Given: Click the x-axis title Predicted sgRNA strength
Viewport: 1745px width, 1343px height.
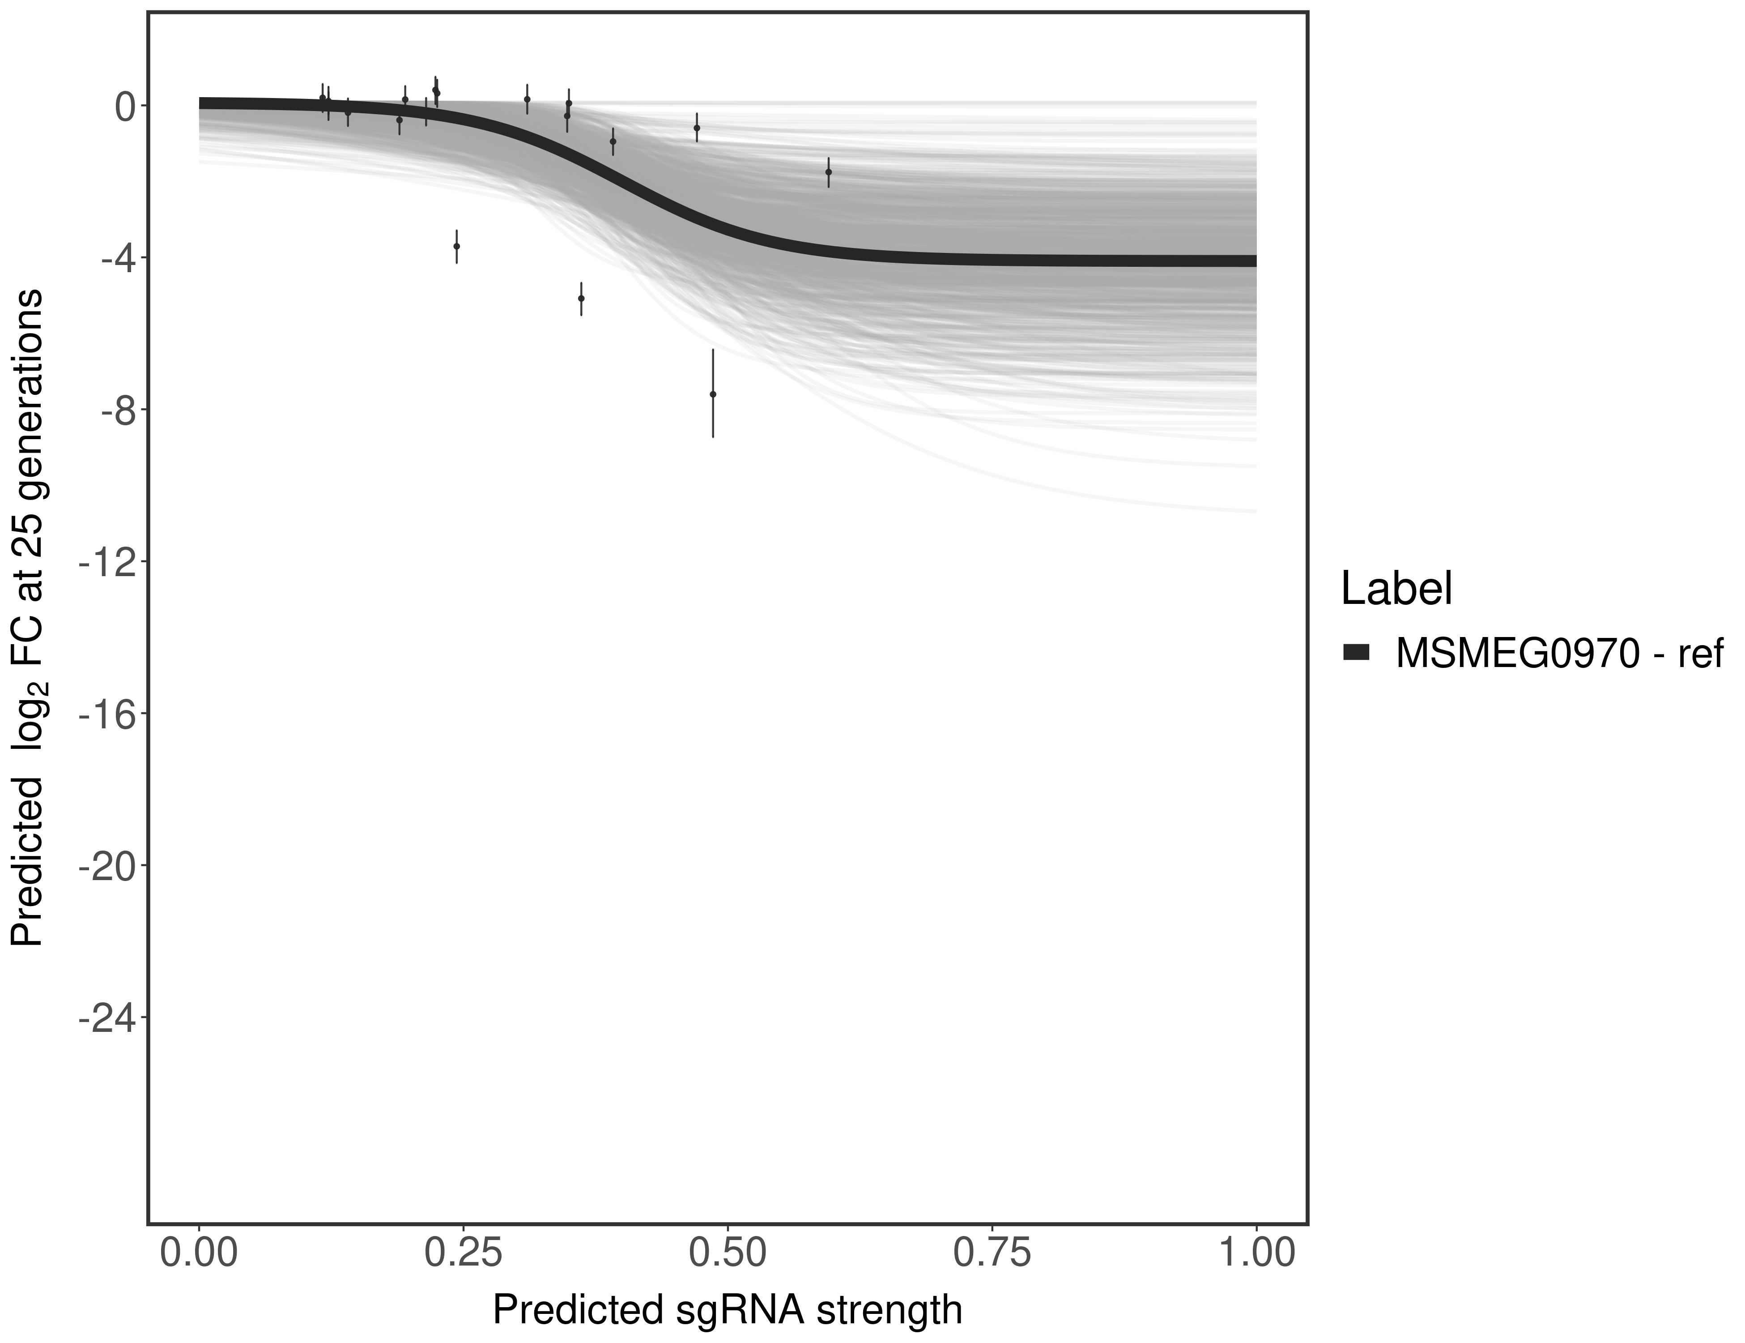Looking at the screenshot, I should pos(727,1310).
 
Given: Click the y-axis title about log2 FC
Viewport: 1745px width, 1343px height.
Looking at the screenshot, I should pos(28,618).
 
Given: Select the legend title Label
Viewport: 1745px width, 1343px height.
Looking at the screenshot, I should pos(1396,589).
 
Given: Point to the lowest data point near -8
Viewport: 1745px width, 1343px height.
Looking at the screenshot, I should pos(713,394).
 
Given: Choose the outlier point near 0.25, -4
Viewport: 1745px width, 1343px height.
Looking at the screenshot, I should pos(456,246).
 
